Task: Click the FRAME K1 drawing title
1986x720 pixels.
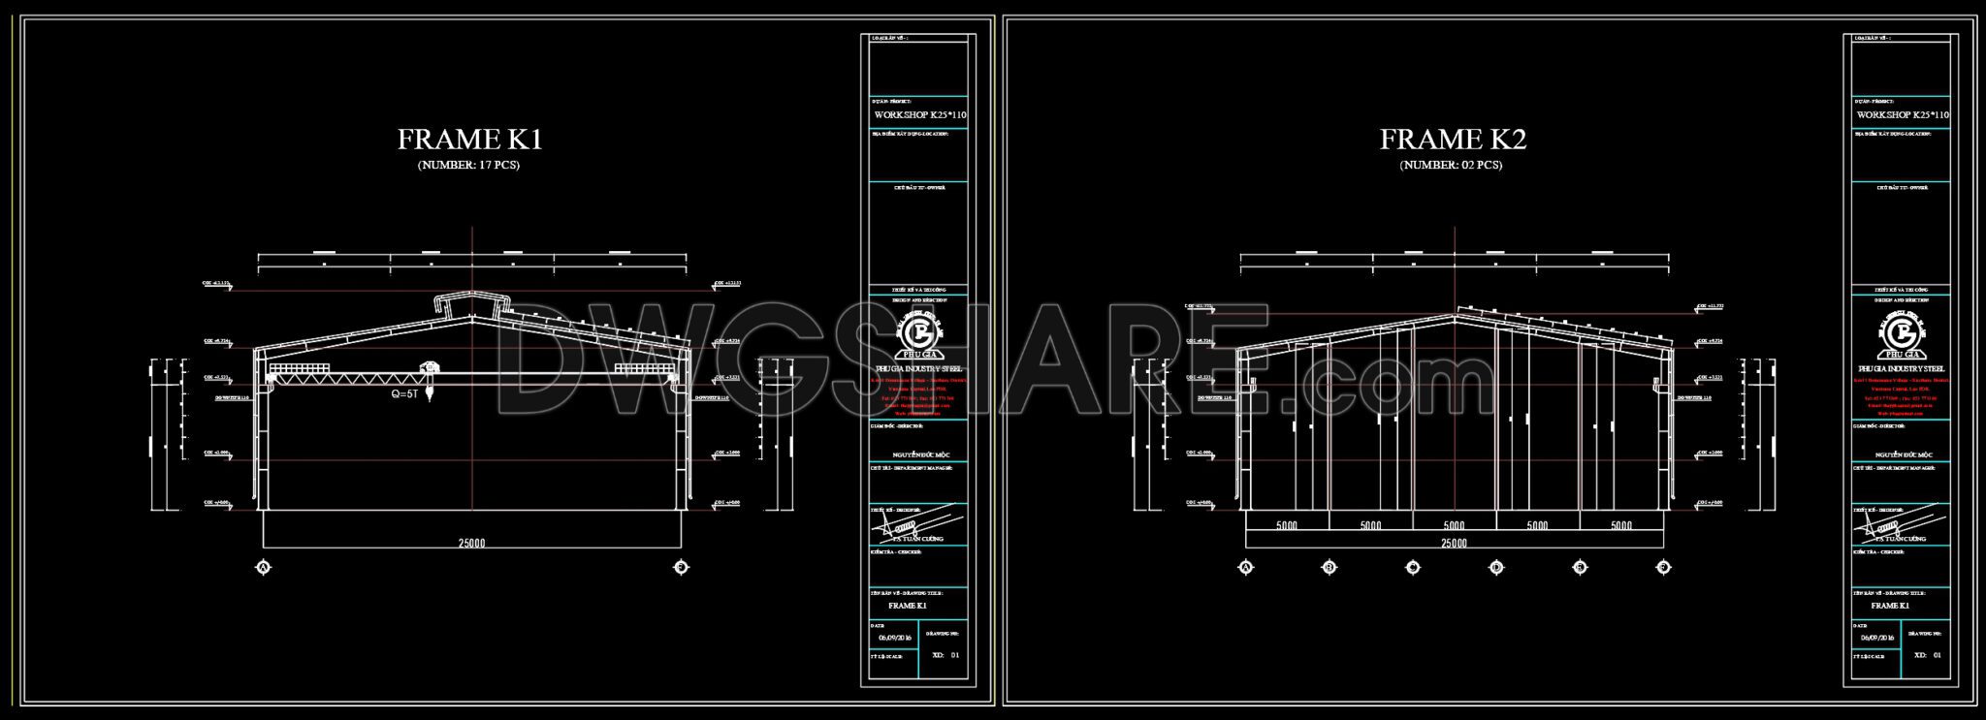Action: (469, 140)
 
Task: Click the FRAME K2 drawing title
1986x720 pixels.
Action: (1453, 140)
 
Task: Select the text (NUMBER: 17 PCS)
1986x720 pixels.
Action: (468, 165)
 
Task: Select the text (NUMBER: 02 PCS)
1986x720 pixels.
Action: (1451, 165)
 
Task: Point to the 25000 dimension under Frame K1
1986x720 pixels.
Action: (471, 544)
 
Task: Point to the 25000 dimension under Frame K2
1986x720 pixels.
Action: (1454, 544)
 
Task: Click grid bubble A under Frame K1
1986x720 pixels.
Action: (261, 567)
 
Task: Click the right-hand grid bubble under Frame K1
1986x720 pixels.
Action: (682, 567)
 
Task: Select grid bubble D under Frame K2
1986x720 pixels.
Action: (1496, 567)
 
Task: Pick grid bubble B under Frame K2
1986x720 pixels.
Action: (1329, 567)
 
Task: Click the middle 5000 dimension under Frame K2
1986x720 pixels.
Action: (1454, 526)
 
